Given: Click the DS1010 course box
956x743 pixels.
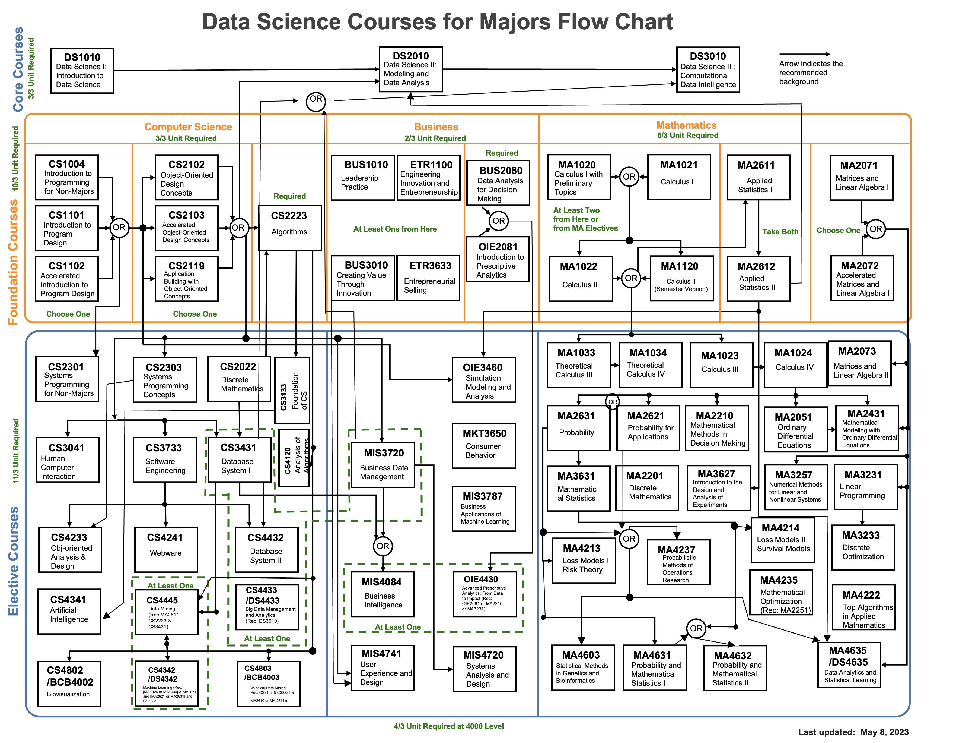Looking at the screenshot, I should click(x=82, y=71).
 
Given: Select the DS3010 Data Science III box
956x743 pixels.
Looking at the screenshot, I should click(x=708, y=70).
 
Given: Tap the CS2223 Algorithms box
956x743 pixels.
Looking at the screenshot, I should click(x=289, y=227).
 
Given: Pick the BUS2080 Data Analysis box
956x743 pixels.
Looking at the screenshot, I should click(x=498, y=183).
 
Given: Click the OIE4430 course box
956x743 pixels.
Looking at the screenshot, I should click(x=484, y=594).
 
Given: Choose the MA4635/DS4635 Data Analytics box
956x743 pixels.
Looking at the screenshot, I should click(x=849, y=665).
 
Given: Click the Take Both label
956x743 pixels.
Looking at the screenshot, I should click(x=780, y=232).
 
